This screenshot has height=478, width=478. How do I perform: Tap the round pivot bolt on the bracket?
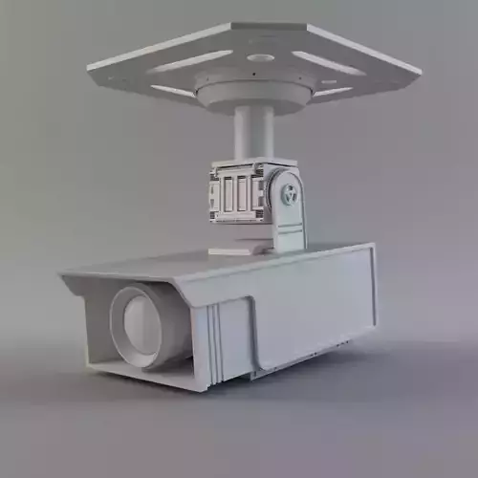(x=290, y=195)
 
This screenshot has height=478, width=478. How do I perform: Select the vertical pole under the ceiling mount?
(x=254, y=134)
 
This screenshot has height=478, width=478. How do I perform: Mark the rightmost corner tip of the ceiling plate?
(x=420, y=71)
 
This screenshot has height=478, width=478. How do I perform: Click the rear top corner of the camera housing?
(x=372, y=246)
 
